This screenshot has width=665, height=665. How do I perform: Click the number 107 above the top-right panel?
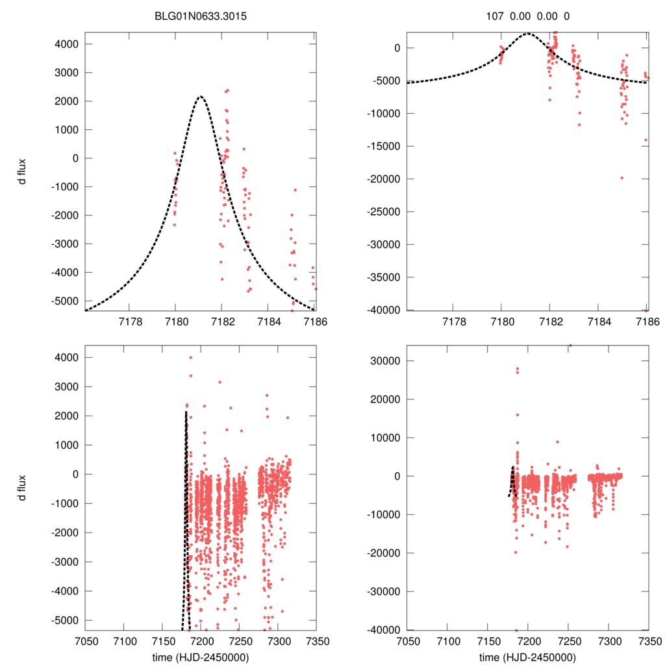(496, 16)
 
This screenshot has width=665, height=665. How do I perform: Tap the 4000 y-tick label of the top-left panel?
(67, 44)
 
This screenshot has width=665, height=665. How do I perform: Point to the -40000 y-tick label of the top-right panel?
(385, 310)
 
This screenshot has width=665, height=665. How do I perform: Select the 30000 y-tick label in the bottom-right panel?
(388, 360)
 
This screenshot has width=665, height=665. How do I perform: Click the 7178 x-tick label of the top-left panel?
(129, 321)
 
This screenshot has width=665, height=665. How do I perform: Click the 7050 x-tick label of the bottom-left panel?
(85, 640)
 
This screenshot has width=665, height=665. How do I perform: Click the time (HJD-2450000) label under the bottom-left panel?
(201, 657)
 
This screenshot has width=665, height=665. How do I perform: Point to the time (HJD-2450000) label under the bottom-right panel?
(528, 657)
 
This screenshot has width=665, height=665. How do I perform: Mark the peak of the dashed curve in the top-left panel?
(200, 97)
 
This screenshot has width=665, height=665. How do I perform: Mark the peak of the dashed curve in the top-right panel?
(527, 34)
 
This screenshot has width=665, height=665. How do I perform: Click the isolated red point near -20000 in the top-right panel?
(621, 178)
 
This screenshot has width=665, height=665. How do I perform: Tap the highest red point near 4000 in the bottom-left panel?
(190, 357)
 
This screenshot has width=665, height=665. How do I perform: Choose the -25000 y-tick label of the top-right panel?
(385, 212)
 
